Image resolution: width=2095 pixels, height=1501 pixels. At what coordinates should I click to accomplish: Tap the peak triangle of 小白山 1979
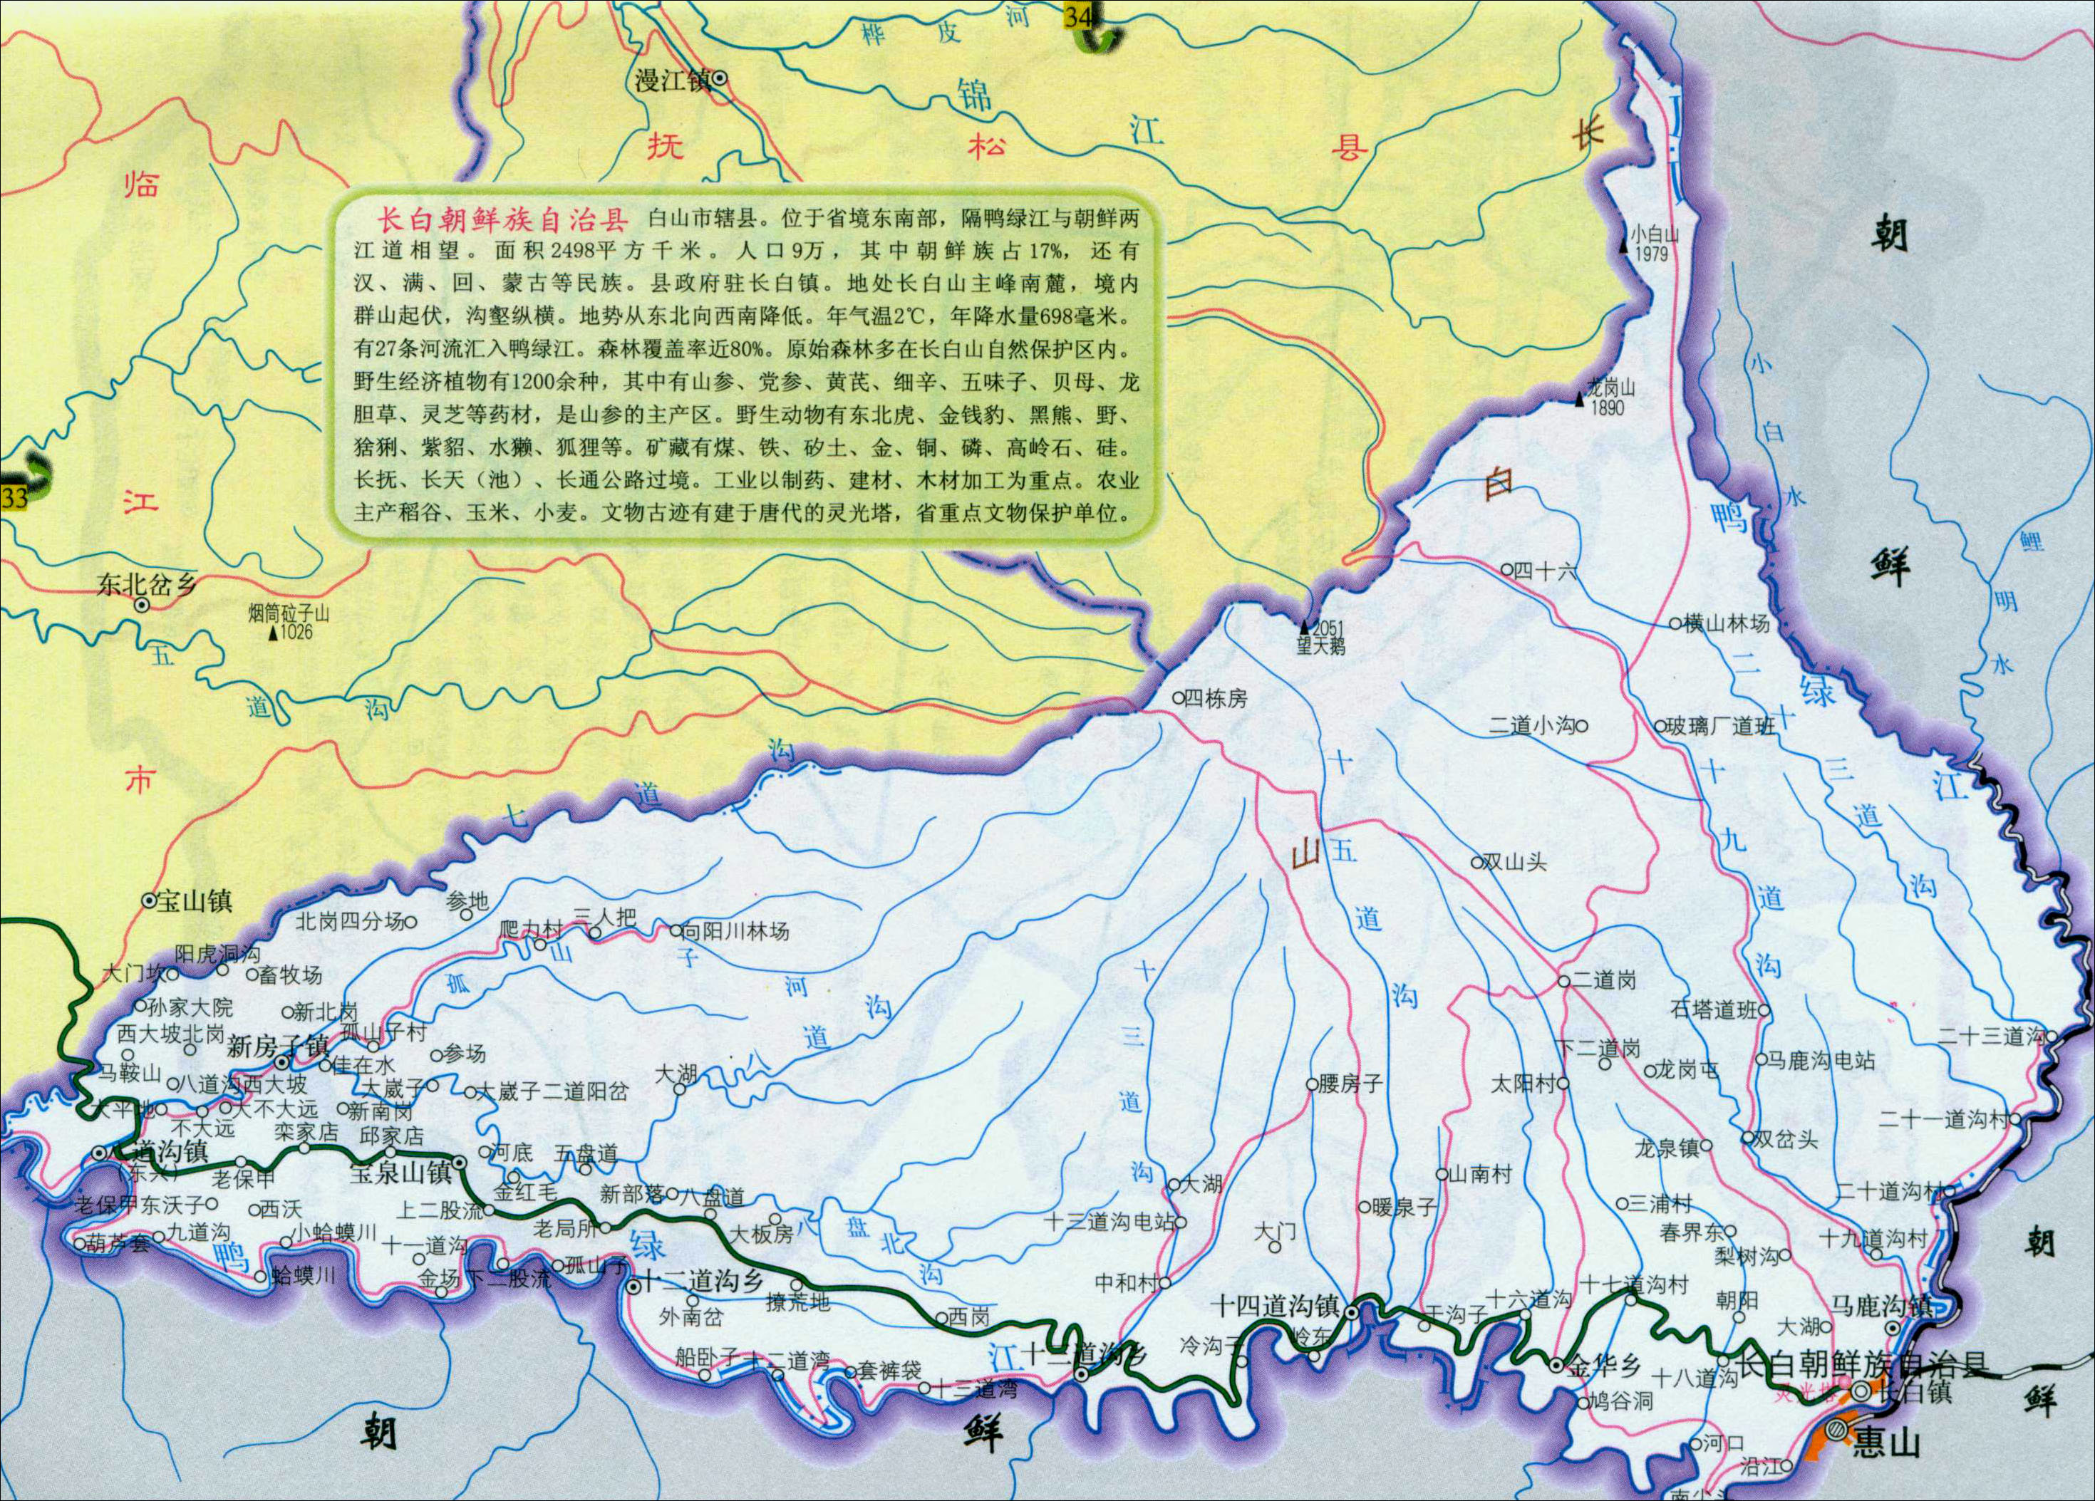[x=1623, y=246]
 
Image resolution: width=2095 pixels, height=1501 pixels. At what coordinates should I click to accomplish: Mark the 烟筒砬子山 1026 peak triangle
[x=272, y=633]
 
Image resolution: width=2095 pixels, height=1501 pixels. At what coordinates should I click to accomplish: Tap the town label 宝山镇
[x=194, y=900]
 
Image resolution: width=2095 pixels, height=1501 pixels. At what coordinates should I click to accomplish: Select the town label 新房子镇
[x=278, y=1046]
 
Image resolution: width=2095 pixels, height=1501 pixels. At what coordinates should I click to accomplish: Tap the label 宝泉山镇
[x=400, y=1173]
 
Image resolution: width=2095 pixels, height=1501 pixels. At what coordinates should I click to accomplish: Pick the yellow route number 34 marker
[x=1077, y=16]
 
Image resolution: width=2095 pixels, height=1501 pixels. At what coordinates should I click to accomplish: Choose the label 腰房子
[x=1350, y=1084]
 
